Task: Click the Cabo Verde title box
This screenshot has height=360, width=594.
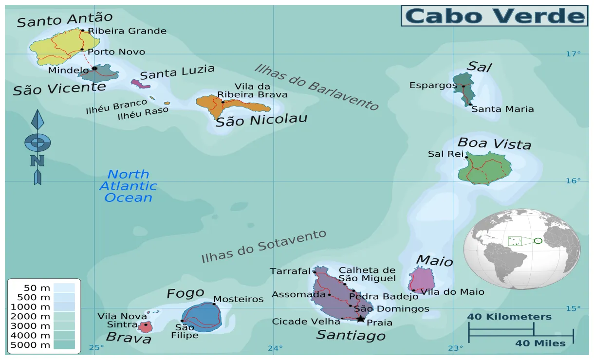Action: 494,16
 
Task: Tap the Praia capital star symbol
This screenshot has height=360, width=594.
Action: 360,319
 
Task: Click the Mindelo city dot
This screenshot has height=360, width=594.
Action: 94,69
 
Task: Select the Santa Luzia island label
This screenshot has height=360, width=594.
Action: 177,72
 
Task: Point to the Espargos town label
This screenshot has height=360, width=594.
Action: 433,86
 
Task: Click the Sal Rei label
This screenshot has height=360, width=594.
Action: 445,154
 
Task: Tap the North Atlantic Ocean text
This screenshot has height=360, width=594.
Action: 128,186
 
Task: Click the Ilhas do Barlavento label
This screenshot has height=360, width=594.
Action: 316,87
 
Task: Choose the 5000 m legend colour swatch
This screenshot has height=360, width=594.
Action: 64,345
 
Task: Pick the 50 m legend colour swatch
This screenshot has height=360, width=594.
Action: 64,288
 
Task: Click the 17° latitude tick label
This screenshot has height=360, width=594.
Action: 573,54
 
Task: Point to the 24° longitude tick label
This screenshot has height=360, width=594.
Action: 275,348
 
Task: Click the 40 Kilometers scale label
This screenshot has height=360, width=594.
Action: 509,317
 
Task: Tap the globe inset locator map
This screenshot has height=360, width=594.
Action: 521,249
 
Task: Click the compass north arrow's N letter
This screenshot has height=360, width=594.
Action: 37,161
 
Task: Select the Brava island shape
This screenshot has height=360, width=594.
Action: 145,326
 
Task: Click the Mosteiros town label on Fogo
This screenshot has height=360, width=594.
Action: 239,299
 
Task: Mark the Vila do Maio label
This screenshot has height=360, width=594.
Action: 452,292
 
